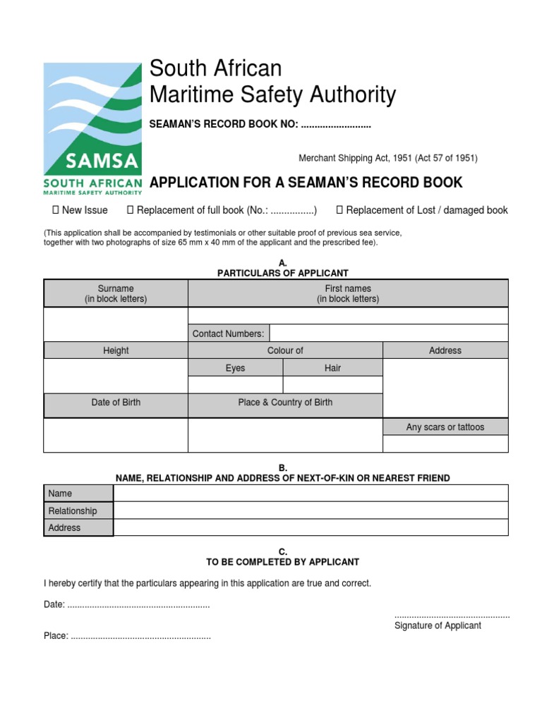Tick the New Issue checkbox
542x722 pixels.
pos(55,210)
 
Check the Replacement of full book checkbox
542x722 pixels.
pos(130,210)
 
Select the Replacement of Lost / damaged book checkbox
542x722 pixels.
pos(339,210)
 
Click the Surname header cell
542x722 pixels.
pos(116,293)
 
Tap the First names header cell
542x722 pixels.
pos(347,293)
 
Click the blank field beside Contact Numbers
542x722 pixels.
pos(388,334)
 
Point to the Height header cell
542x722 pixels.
pos(116,350)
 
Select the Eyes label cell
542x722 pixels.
pos(235,368)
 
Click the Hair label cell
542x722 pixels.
pos(332,368)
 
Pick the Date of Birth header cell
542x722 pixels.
pos(116,403)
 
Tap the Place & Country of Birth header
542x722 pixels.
pos(285,403)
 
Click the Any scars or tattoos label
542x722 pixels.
pos(445,427)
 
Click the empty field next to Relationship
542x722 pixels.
pos(311,510)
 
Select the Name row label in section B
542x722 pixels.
pos(78,494)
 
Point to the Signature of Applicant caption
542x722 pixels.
pos(438,625)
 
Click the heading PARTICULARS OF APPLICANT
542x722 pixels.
pos(282,273)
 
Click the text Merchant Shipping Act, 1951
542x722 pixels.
pos(388,159)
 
